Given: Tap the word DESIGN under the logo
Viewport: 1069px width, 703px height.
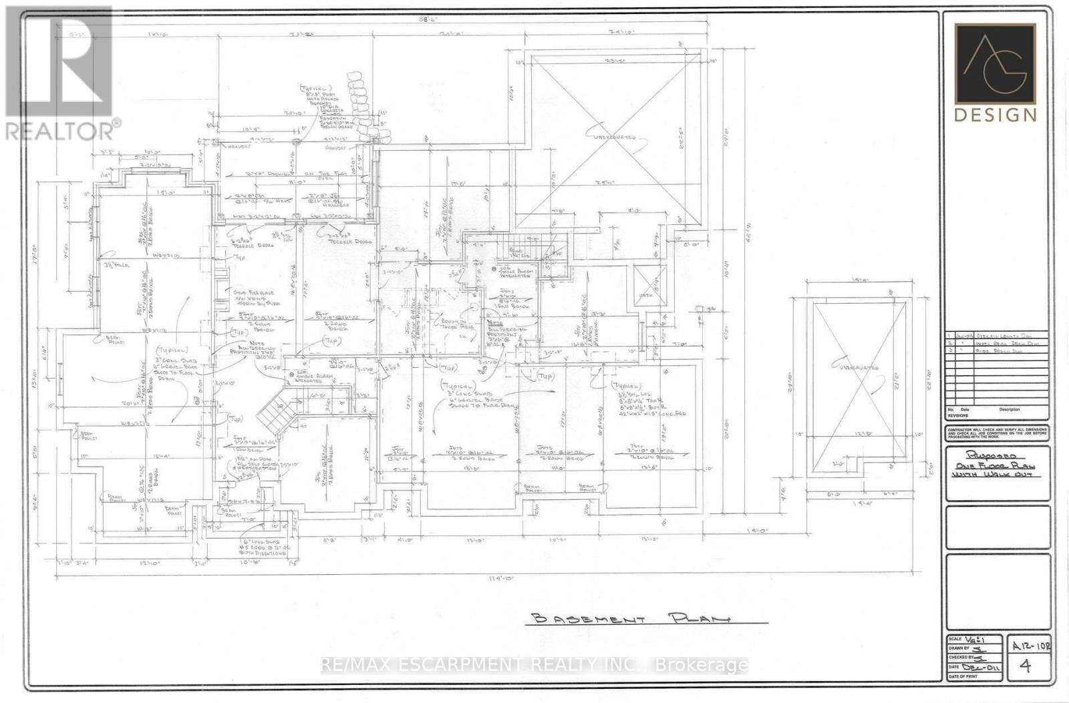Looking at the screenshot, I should tap(995, 115).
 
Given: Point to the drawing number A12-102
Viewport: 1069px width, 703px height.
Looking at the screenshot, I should tap(1030, 645).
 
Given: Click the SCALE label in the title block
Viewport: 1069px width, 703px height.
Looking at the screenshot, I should tap(955, 639).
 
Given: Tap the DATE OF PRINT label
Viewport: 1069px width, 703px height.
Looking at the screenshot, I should tap(961, 677).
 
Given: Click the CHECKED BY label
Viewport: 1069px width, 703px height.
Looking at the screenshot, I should tap(959, 658).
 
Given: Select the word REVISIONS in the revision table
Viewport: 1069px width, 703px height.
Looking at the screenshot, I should tap(958, 415).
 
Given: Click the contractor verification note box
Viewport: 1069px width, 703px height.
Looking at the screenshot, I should tap(997, 433).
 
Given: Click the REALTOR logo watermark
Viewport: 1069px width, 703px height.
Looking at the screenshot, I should tap(60, 73).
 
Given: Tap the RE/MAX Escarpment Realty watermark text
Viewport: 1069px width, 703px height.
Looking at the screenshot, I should tap(534, 665).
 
